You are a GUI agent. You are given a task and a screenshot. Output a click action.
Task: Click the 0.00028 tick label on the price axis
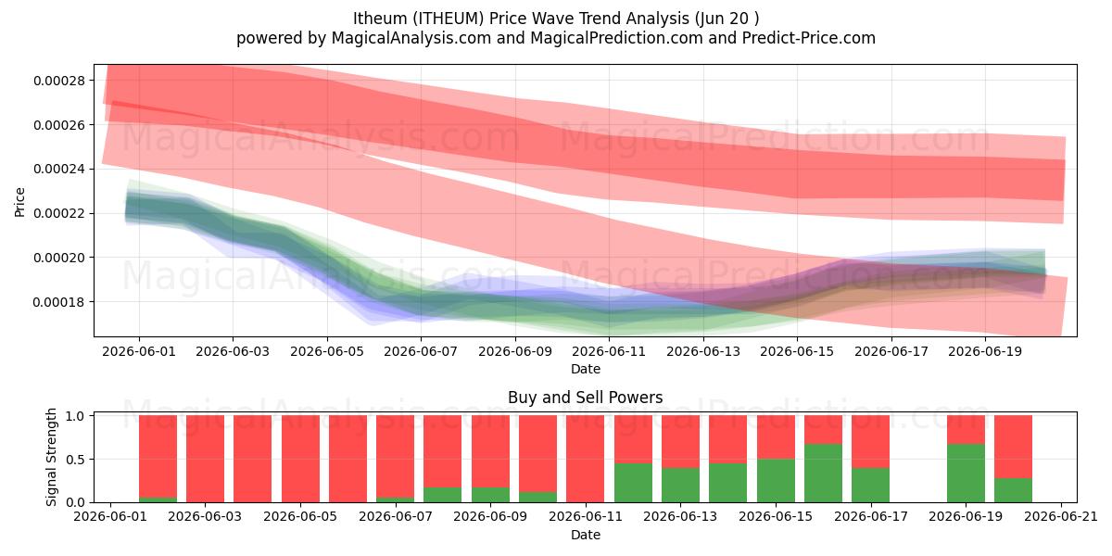click(x=59, y=81)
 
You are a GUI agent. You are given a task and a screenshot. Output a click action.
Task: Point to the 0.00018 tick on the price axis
click(x=59, y=302)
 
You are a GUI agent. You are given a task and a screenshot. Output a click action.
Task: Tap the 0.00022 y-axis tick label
click(x=59, y=213)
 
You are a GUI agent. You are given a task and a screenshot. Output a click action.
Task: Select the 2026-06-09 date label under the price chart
click(x=515, y=351)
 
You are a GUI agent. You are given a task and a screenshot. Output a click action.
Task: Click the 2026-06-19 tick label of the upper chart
click(x=985, y=351)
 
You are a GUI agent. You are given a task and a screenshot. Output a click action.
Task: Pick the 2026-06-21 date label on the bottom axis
click(x=1061, y=516)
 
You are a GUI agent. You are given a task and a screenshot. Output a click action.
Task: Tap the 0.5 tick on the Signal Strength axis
click(x=75, y=460)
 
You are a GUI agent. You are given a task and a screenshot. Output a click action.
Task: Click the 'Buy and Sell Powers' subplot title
click(x=586, y=398)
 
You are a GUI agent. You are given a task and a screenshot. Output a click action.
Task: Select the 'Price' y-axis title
click(x=19, y=202)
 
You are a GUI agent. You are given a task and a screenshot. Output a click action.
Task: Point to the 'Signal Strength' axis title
click(x=51, y=457)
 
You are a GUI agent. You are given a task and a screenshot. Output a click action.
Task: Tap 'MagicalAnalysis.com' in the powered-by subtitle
click(x=411, y=38)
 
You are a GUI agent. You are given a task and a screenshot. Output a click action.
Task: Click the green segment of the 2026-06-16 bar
click(x=823, y=474)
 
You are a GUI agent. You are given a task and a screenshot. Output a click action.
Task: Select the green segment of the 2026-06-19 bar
click(x=966, y=474)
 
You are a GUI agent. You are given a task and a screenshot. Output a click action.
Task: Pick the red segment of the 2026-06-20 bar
click(x=1013, y=447)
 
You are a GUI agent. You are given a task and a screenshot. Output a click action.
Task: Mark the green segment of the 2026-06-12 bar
click(x=633, y=483)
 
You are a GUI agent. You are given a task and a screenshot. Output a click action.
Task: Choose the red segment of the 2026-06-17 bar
click(x=871, y=441)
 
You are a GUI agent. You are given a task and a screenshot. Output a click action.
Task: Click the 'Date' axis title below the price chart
click(x=586, y=369)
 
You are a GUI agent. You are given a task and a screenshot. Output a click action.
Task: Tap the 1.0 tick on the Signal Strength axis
click(x=75, y=415)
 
